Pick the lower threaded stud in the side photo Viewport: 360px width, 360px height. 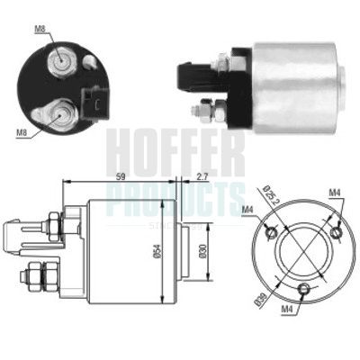203,111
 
